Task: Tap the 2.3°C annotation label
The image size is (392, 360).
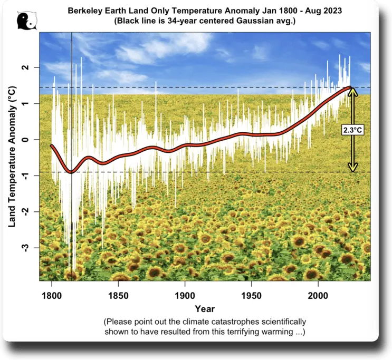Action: click(352, 129)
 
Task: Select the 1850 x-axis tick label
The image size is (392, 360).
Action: click(118, 292)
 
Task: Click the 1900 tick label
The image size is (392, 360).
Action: click(185, 292)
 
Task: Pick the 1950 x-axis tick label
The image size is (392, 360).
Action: click(252, 292)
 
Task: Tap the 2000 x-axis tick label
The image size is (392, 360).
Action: click(318, 292)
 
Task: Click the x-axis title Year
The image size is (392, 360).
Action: click(204, 308)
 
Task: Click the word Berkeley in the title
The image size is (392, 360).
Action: click(84, 10)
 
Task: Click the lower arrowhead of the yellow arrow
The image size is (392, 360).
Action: click(352, 168)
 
